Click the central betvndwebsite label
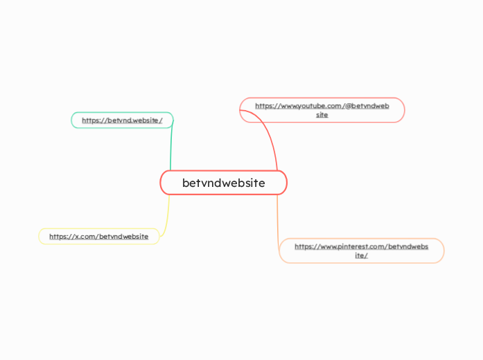tap(223, 183)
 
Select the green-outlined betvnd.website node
tap(122, 120)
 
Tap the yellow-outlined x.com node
tap(98, 236)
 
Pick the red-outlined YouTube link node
tap(322, 110)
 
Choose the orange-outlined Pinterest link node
tap(361, 251)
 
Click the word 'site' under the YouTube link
tap(322, 115)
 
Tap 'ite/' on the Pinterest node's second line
tap(361, 255)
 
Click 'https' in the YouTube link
tap(263, 106)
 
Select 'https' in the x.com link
tap(58, 236)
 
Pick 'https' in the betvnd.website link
tap(90, 120)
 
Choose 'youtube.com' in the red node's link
tap(319, 106)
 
